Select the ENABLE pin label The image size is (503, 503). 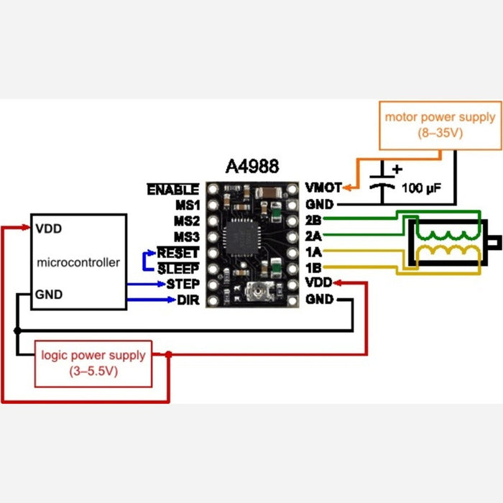[x=172, y=190]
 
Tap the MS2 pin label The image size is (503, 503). [x=185, y=221]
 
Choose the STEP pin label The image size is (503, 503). [x=183, y=284]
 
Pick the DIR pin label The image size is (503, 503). [x=187, y=300]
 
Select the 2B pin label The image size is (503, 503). [x=313, y=221]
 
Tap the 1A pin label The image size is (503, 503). [x=313, y=253]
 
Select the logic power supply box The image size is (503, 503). [x=93, y=362]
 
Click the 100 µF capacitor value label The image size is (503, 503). [x=421, y=189]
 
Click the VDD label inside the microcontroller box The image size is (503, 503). [x=48, y=229]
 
